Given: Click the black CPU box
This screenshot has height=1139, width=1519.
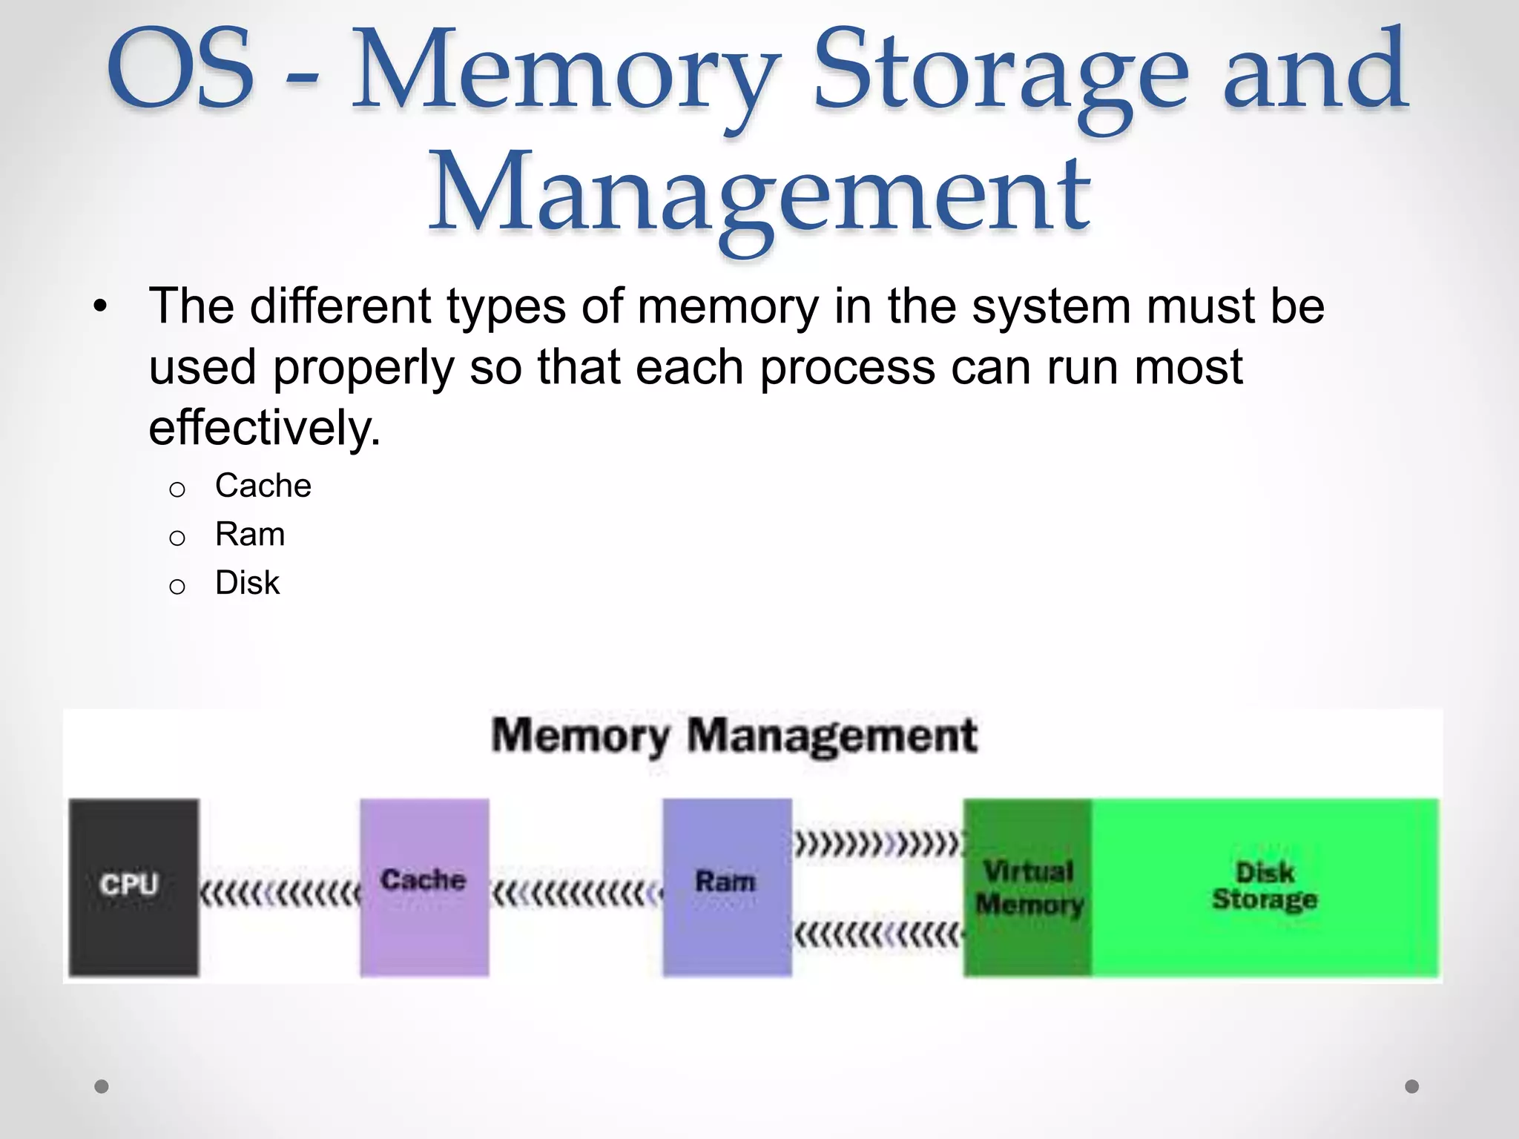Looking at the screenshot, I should pos(134,887).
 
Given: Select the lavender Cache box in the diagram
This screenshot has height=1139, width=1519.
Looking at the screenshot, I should pos(424,887).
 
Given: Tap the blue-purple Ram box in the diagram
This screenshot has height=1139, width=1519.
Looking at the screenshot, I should pos(727,887).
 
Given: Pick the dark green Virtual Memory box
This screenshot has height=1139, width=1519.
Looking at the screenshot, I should pos(1028,887).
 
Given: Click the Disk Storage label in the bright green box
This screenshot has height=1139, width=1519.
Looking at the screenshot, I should pos(1265,885).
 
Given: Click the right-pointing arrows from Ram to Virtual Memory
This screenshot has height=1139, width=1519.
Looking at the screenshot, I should pos(878,844).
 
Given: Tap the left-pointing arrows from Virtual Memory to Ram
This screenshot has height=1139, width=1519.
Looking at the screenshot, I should pos(878,935).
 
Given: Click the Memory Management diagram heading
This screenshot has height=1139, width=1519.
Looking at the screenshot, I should pos(734,736).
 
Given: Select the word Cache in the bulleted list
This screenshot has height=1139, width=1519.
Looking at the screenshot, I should pos(263,486).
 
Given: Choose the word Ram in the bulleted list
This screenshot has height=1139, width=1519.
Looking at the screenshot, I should pos(250,535).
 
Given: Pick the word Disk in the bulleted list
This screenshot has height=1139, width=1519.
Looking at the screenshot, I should pos(247,584).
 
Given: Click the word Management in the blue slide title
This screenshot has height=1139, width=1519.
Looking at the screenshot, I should pos(759,194).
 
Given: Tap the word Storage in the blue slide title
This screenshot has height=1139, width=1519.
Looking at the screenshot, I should pos(1001,73).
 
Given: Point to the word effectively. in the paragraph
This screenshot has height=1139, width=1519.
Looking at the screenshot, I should pos(264,428).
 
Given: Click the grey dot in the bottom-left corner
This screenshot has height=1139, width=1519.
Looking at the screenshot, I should pos(102,1086).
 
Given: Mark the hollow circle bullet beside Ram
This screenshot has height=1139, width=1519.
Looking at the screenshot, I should pos(177,538).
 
